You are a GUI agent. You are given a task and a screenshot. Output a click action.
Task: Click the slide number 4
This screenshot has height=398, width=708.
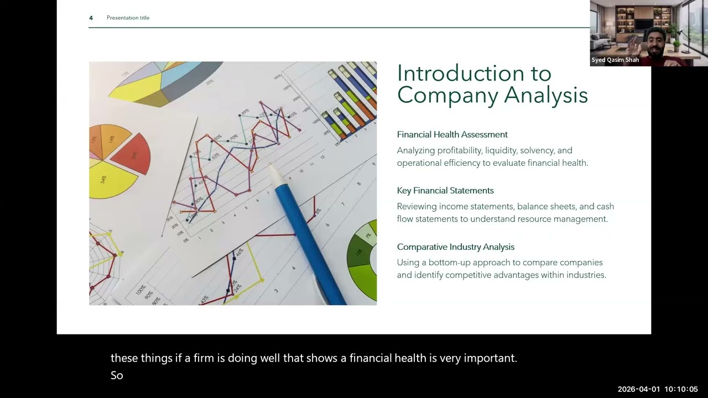coord(91,18)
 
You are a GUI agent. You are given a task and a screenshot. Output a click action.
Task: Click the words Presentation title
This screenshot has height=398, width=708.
coord(128,18)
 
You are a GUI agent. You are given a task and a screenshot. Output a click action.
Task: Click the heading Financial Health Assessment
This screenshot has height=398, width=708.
coord(452,134)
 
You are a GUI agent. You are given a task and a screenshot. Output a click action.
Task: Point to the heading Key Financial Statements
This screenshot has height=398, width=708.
coord(445,191)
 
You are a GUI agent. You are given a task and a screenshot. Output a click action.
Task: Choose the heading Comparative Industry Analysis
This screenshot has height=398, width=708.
coord(456,247)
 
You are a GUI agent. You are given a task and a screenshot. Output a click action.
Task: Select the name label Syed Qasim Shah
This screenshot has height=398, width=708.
coord(615,60)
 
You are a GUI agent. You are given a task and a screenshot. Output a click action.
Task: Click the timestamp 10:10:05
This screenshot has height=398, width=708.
coord(681,389)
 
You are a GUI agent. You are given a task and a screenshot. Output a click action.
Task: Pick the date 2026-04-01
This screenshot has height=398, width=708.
coord(639,389)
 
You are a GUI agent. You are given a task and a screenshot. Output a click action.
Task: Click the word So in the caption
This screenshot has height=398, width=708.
coord(117,375)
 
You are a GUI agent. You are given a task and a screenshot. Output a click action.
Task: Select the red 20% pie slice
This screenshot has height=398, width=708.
coord(132,154)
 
